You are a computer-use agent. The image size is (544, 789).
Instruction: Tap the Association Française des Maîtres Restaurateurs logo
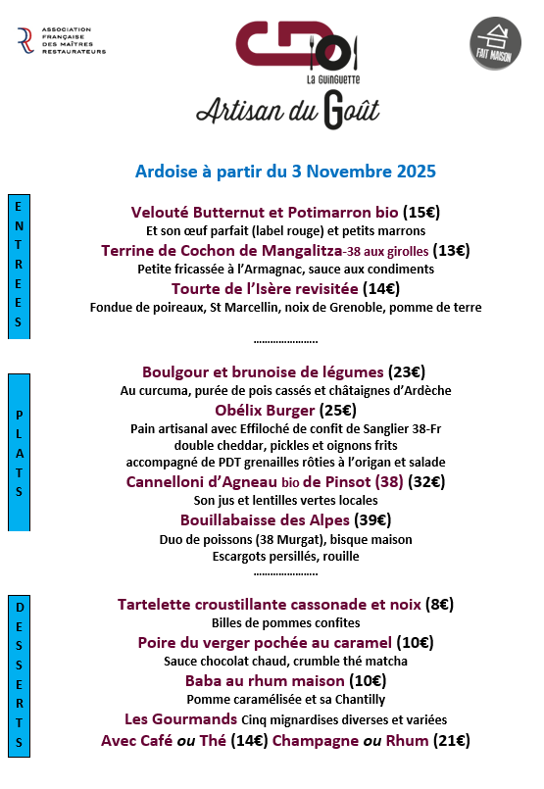[61, 41]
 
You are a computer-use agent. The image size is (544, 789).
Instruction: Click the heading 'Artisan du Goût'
[287, 110]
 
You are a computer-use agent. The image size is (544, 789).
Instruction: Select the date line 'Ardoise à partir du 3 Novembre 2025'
[285, 171]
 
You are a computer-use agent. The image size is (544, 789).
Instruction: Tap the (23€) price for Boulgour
[408, 371]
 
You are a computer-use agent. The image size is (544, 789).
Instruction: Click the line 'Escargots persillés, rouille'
[285, 557]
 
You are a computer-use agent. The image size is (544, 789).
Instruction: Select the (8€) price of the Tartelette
[439, 604]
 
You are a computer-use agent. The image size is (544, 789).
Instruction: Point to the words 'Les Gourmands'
[168, 718]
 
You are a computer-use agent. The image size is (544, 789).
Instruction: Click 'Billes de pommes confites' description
[285, 623]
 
